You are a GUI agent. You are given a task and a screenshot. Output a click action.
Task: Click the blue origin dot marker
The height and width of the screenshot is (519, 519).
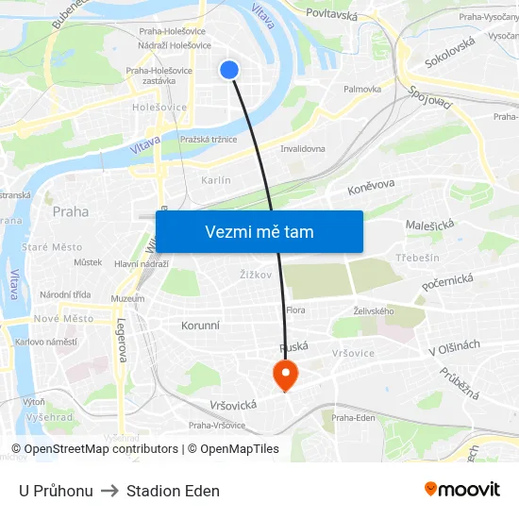[x=229, y=69]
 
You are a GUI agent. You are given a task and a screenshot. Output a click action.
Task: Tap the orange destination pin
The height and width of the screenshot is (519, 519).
[x=284, y=375]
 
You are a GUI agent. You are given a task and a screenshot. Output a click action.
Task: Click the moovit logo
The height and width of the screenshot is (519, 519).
[x=461, y=489]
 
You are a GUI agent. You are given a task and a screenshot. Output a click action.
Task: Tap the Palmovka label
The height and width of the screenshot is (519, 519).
[x=362, y=89]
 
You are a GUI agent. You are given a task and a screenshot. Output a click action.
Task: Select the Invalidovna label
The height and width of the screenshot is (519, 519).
[x=303, y=148]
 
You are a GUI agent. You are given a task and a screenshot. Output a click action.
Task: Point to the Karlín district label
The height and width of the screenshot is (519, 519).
[x=216, y=180]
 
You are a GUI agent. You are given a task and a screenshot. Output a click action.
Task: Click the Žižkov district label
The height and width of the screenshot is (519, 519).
[x=256, y=275]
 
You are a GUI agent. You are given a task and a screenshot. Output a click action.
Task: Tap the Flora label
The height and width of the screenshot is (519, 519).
[x=295, y=310]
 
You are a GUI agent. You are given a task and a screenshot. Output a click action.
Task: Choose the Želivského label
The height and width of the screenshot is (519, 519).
[x=373, y=310]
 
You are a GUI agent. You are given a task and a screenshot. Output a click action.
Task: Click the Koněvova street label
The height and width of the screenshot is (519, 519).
[x=371, y=187]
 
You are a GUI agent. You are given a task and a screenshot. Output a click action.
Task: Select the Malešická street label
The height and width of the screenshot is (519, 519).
[x=429, y=225]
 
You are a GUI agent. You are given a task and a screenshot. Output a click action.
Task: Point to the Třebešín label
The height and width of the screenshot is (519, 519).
[x=418, y=258]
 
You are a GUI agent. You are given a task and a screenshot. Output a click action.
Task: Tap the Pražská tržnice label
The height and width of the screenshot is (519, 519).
[x=208, y=140]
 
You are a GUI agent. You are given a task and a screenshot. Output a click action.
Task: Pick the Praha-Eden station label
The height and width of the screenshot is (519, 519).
[x=354, y=417]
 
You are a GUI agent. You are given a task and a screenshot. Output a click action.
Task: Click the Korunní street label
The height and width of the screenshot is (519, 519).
[x=200, y=326]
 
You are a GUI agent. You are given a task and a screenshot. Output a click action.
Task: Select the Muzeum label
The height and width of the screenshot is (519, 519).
[x=127, y=298]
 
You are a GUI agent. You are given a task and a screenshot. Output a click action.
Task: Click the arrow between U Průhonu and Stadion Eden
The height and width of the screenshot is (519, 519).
[x=109, y=491]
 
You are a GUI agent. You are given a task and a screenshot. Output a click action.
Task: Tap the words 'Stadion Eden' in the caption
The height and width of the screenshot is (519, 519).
[x=173, y=491]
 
